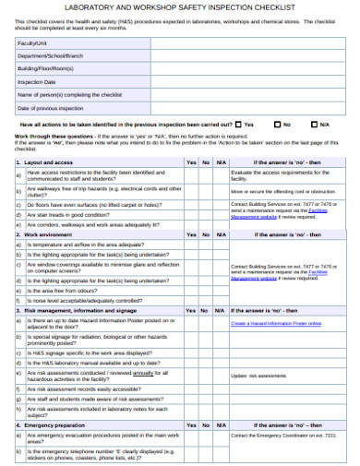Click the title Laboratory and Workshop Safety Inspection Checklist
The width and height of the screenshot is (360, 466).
click(180, 7)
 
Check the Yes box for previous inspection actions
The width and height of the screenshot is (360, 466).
click(238, 123)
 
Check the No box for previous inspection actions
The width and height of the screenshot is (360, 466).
click(276, 123)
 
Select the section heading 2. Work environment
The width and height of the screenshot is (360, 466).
click(47, 234)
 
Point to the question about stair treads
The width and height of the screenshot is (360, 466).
click(83, 213)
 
